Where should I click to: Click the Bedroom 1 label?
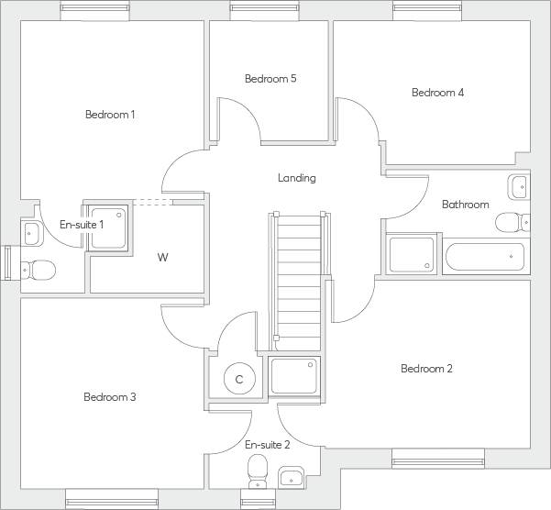(110, 115)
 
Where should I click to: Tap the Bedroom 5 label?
(270, 79)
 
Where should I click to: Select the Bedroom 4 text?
(437, 93)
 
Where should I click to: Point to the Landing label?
(297, 178)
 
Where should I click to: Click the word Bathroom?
(465, 205)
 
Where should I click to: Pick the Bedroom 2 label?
(426, 369)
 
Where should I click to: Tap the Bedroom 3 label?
(110, 397)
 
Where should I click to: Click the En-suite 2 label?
(268, 445)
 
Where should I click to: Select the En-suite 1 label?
(82, 225)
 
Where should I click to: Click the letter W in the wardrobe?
(162, 258)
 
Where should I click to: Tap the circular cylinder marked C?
(239, 378)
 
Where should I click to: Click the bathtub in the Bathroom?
(485, 257)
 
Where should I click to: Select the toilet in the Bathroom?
(510, 223)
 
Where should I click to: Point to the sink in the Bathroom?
(518, 187)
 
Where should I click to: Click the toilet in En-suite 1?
(39, 271)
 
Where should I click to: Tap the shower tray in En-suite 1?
(107, 224)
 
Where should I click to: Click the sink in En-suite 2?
(292, 477)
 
